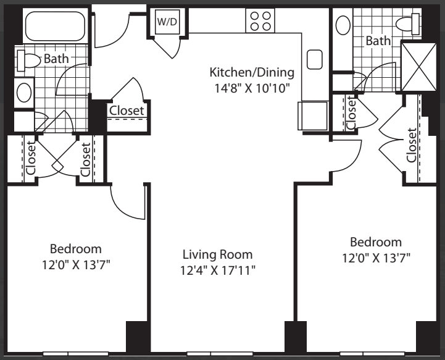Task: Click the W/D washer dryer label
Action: (x=167, y=22)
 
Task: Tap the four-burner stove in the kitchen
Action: (x=260, y=21)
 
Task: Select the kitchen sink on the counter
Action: (x=315, y=59)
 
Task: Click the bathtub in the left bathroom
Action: (x=55, y=26)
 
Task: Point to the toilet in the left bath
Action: (x=28, y=61)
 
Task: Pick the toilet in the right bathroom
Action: (x=408, y=24)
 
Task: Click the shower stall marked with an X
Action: (x=418, y=67)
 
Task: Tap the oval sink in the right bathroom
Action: (x=343, y=25)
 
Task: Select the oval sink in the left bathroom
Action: (x=24, y=93)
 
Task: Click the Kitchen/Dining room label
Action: (x=252, y=72)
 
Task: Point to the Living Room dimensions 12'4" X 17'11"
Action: (x=218, y=270)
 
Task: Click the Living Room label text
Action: (x=217, y=254)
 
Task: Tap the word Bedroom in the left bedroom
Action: (x=76, y=249)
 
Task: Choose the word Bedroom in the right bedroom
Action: (x=376, y=242)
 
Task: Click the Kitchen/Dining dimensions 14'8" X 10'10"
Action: (x=252, y=88)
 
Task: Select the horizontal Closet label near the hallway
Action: (x=127, y=111)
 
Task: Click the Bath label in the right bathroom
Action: (x=378, y=41)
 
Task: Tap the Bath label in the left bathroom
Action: (x=57, y=59)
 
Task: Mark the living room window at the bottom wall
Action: (x=220, y=354)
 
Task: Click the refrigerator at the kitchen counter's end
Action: (x=313, y=115)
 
